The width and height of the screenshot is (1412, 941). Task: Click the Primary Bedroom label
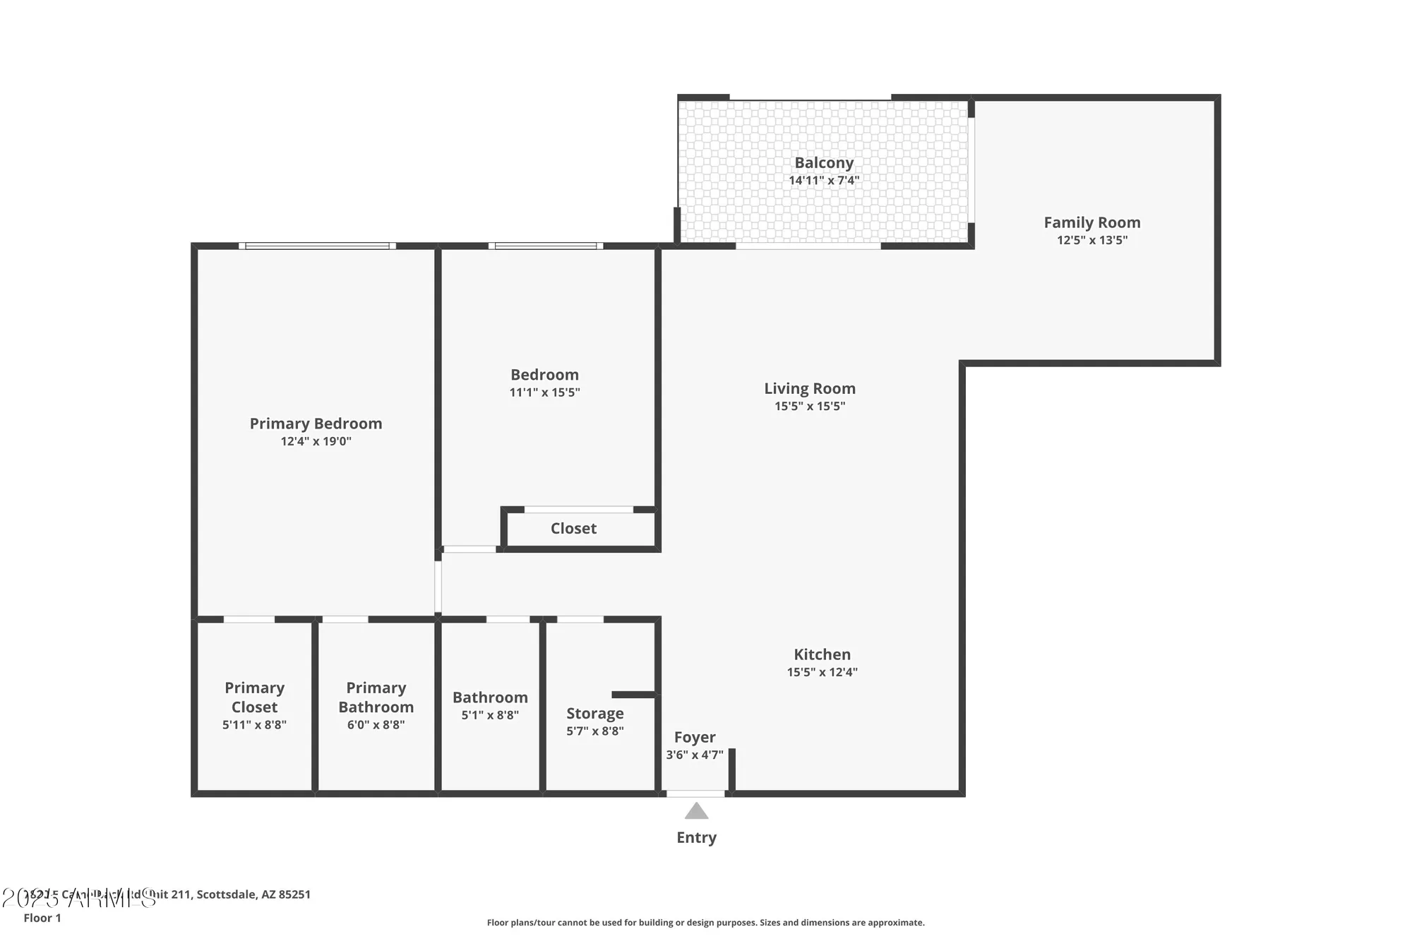point(316,424)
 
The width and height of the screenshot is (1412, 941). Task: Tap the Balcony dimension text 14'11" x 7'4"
point(824,181)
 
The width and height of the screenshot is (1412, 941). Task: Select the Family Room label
point(1092,222)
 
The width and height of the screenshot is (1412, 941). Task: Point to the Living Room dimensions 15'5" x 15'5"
point(810,406)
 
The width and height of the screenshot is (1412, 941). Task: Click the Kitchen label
point(822,654)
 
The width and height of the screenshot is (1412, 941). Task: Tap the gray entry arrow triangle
point(696,811)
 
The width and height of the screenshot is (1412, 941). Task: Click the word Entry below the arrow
point(696,837)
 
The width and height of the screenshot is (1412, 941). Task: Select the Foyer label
point(695,737)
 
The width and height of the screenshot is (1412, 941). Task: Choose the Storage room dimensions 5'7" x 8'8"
point(594,731)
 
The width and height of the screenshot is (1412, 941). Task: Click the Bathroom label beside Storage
point(490,697)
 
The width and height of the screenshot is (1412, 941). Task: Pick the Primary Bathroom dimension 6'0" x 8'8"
point(376,725)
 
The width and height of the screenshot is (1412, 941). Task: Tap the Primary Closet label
point(254,697)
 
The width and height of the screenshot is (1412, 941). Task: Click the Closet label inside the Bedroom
point(573,528)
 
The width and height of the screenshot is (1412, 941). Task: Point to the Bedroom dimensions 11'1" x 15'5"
point(544,392)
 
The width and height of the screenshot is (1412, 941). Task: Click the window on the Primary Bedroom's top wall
point(316,246)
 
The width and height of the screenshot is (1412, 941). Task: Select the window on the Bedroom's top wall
point(545,246)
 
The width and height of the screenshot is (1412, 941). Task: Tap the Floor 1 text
point(42,918)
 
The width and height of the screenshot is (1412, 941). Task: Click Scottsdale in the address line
point(226,894)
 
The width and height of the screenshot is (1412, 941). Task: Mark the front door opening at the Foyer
point(695,794)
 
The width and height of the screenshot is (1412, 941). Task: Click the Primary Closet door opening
point(249,620)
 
